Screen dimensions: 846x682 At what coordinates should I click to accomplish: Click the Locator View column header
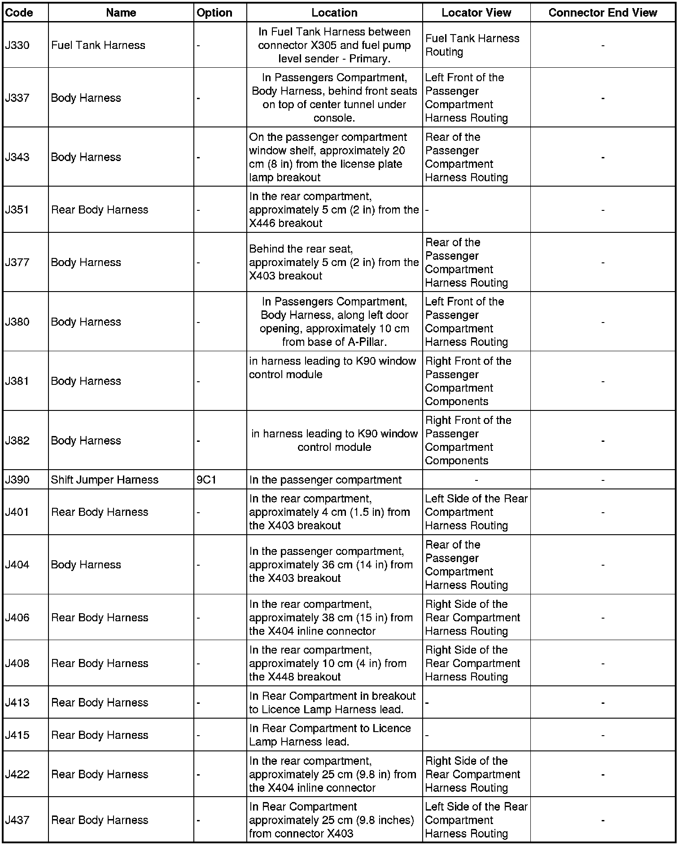[x=476, y=13]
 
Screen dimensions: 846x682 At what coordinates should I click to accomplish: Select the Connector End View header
[x=603, y=13]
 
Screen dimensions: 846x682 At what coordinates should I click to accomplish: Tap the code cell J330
[x=17, y=45]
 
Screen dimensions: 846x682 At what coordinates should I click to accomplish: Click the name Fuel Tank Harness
[x=98, y=45]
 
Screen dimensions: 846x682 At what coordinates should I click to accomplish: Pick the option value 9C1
[x=206, y=480]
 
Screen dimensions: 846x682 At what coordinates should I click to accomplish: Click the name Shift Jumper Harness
[x=105, y=480]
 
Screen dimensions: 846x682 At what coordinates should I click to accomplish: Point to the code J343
[x=18, y=157]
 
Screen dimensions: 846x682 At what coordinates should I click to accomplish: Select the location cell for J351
[x=334, y=209]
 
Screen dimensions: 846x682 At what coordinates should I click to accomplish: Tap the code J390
[x=17, y=480]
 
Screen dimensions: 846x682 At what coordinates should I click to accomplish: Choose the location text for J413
[x=332, y=702]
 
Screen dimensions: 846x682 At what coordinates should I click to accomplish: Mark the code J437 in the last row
[x=17, y=820]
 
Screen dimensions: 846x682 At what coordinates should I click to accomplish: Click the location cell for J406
[x=331, y=617]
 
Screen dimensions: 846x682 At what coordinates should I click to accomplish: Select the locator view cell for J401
[x=476, y=512]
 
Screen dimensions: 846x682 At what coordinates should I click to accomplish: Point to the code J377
[x=17, y=262]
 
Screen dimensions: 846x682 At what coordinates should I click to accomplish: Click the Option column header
[x=214, y=13]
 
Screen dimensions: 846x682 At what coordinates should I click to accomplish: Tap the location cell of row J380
[x=334, y=322]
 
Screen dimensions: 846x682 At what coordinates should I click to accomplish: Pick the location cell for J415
[x=330, y=735]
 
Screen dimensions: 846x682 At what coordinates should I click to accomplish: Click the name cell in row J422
[x=100, y=774]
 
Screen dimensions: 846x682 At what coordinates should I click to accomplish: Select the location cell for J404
[x=331, y=564]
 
